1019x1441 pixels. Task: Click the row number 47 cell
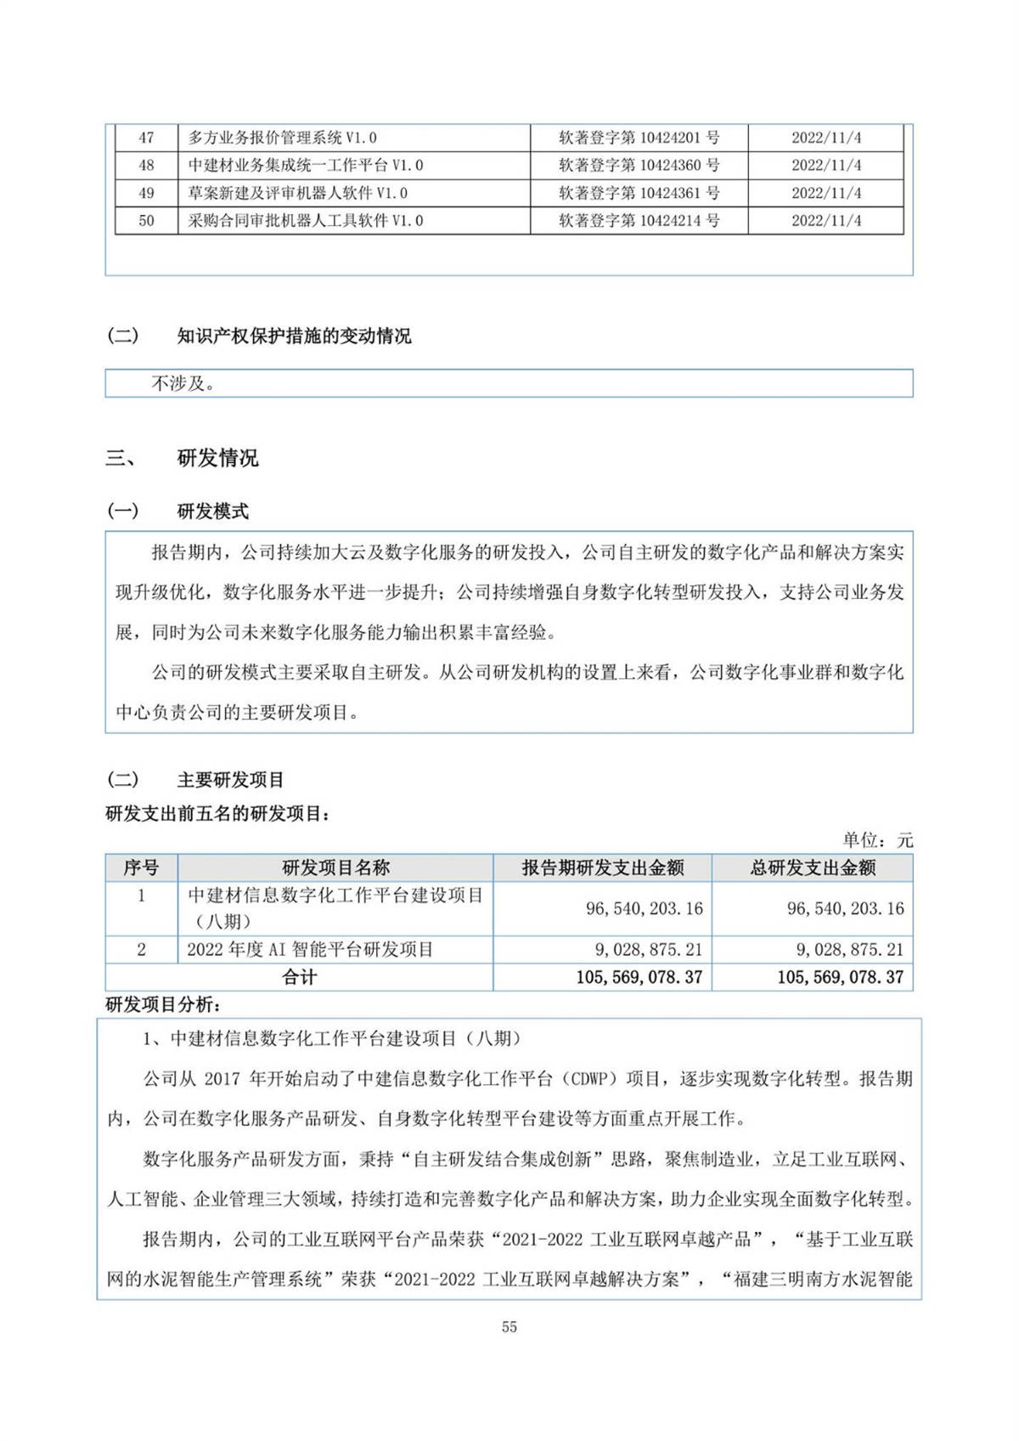(x=146, y=138)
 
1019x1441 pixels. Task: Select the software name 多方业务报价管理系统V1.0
(x=282, y=138)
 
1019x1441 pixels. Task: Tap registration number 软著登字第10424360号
(x=639, y=165)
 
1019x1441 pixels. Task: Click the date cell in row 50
(x=825, y=221)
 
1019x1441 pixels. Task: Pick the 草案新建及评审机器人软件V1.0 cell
(x=297, y=193)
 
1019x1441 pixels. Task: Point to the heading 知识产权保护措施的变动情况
(x=294, y=336)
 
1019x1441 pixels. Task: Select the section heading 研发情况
(x=217, y=459)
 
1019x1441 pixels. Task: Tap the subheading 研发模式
(x=212, y=511)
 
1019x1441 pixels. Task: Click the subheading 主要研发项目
(x=230, y=780)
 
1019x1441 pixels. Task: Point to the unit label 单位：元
(x=877, y=840)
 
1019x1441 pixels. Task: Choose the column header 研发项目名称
(x=335, y=867)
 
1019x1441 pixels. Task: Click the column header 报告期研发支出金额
(x=602, y=867)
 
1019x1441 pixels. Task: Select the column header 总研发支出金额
(x=813, y=867)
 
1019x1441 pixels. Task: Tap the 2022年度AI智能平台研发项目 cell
(x=310, y=949)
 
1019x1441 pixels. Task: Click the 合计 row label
(x=299, y=977)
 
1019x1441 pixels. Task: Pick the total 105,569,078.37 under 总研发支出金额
(x=840, y=977)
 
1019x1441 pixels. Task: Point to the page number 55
(x=509, y=1327)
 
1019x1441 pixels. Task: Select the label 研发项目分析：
(x=163, y=1004)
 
